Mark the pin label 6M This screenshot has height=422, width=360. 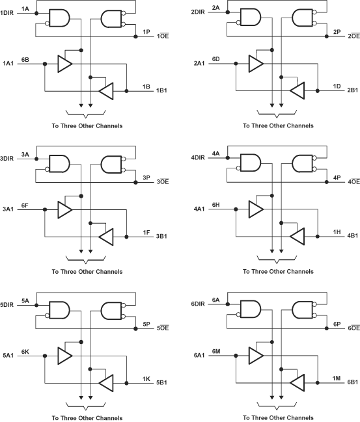(x=217, y=351)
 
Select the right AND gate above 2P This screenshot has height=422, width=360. (x=304, y=19)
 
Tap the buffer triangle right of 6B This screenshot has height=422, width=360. (x=64, y=64)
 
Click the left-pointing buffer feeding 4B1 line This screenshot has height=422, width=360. (x=299, y=235)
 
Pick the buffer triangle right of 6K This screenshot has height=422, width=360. (x=64, y=355)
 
